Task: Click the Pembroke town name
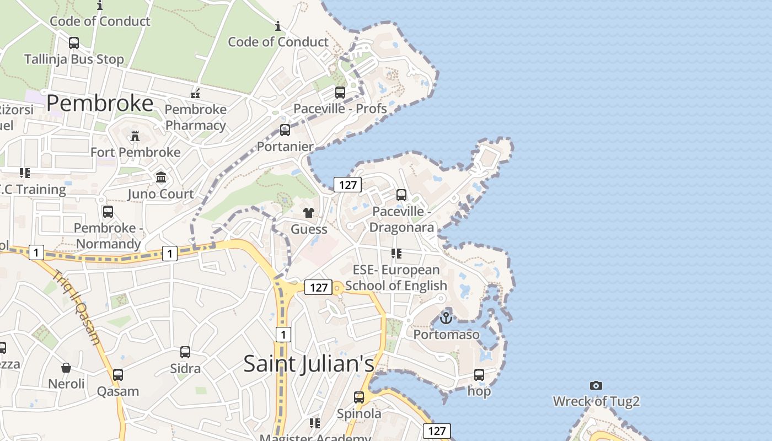pyautogui.click(x=100, y=103)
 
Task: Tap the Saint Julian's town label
pyautogui.click(x=308, y=363)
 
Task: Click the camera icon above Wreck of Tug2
pyautogui.click(x=596, y=385)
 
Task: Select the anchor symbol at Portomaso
pyautogui.click(x=446, y=318)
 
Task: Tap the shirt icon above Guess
pyautogui.click(x=308, y=213)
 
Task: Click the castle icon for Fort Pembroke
pyautogui.click(x=135, y=136)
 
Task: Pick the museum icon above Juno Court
pyautogui.click(x=161, y=178)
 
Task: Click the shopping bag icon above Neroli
pyautogui.click(x=66, y=368)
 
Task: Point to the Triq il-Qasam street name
pyautogui.click(x=77, y=306)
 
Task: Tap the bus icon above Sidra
pyautogui.click(x=185, y=352)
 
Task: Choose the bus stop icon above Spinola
pyautogui.click(x=359, y=397)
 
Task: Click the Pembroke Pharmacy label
pyautogui.click(x=196, y=117)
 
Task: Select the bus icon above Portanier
pyautogui.click(x=285, y=130)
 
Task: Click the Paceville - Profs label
pyautogui.click(x=340, y=109)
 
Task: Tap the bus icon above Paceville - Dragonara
pyautogui.click(x=401, y=195)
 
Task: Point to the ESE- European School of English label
pyautogui.click(x=396, y=277)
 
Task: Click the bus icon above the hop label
pyautogui.click(x=479, y=375)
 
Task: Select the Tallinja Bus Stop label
pyautogui.click(x=74, y=59)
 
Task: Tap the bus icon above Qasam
pyautogui.click(x=118, y=375)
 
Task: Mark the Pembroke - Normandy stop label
pyautogui.click(x=108, y=235)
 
